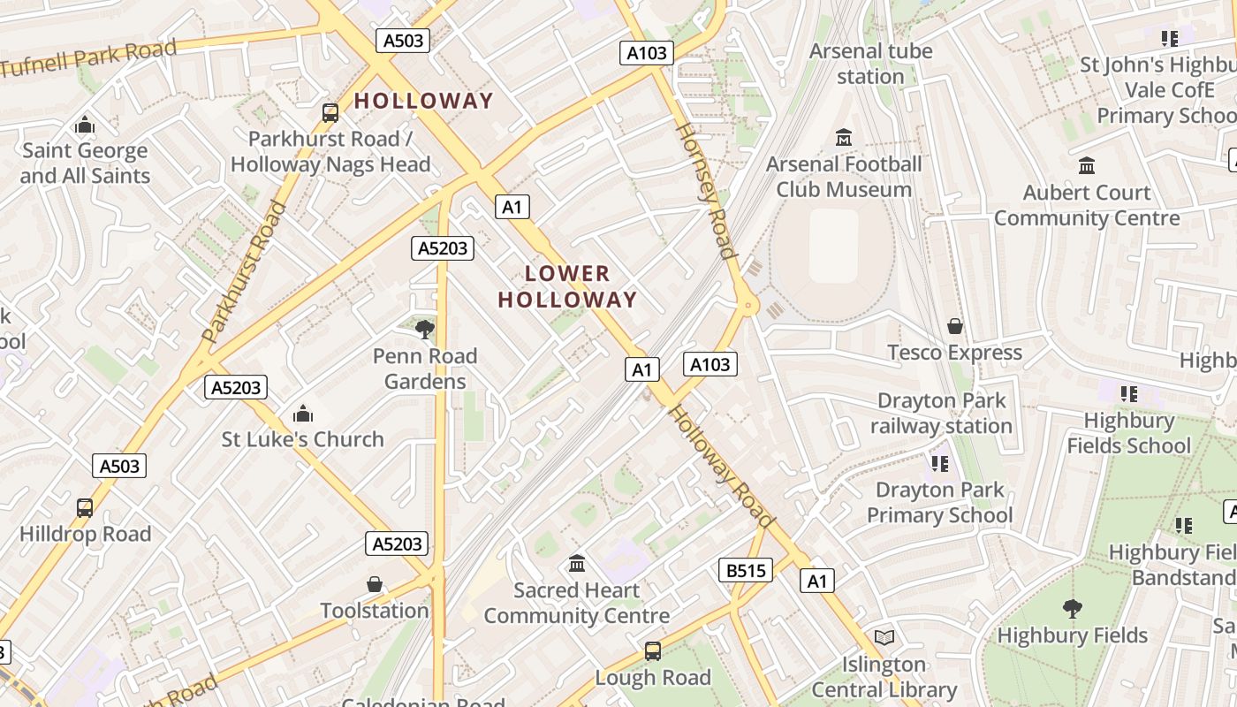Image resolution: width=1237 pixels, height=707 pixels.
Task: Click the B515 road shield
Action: [x=746, y=570]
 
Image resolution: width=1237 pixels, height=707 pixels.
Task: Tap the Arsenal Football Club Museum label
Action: [x=844, y=177]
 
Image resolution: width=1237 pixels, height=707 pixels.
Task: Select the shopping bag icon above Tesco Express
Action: [x=954, y=326]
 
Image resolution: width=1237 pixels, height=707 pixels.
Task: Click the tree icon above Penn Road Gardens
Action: [x=425, y=330]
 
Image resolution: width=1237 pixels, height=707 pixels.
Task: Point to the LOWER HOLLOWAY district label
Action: [x=567, y=286]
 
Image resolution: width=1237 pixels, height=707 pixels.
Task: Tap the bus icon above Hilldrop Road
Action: [x=85, y=507]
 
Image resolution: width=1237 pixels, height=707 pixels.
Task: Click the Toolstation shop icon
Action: [x=375, y=584]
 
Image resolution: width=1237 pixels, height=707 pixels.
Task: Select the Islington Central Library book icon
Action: [x=884, y=637]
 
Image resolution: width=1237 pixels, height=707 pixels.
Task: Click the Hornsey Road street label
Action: [x=706, y=190]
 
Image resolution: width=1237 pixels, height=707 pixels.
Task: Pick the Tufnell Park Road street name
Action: [x=88, y=57]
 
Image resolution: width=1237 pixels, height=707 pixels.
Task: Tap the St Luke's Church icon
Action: [x=303, y=413]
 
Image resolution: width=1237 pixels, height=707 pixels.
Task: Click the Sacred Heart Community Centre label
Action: [x=576, y=603]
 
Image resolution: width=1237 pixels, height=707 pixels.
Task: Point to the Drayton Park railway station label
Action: [x=941, y=413]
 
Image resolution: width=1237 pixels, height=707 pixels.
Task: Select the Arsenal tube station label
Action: [x=870, y=64]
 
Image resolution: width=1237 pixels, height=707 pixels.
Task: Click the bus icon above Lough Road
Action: [x=653, y=651]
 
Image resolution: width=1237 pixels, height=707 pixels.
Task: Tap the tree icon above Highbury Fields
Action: [x=1072, y=608]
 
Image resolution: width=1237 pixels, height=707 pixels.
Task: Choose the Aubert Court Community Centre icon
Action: [x=1087, y=165]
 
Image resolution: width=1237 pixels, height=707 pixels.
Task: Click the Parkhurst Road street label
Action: [x=245, y=272]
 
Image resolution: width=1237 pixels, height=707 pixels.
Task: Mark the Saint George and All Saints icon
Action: [x=85, y=125]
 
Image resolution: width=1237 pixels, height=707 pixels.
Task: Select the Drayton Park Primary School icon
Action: [x=939, y=462]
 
